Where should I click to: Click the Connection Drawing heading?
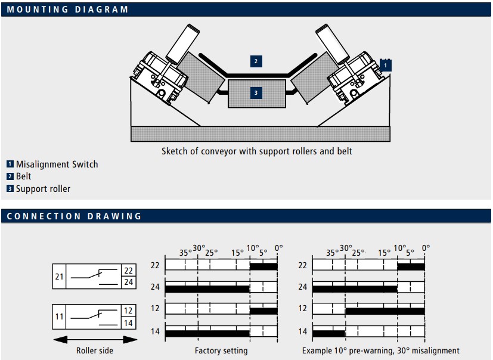75,216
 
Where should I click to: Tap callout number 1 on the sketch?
386,65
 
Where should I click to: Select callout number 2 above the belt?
256,61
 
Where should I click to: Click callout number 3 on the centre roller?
256,93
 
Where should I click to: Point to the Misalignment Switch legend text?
57,165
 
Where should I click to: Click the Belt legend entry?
23,176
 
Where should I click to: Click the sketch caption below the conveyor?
256,151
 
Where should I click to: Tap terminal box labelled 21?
60,277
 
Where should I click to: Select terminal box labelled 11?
60,317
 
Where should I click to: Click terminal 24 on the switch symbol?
128,283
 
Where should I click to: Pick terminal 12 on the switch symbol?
128,311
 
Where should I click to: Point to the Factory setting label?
221,350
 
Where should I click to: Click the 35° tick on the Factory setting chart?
185,252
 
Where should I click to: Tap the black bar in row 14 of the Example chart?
328,332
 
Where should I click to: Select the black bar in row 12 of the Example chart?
385,310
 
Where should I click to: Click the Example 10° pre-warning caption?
380,350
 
